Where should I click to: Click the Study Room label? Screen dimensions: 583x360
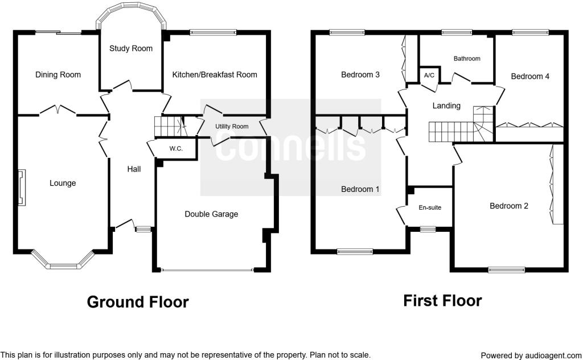tap(131, 48)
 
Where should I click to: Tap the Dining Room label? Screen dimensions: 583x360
tap(58, 75)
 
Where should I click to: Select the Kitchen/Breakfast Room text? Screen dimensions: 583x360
tap(215, 75)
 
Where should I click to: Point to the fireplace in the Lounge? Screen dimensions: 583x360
tap(22, 187)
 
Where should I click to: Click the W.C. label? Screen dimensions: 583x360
tap(176, 149)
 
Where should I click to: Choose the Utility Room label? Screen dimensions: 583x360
tap(232, 126)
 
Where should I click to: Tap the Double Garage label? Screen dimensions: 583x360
tap(211, 214)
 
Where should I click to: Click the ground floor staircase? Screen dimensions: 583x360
tap(170, 126)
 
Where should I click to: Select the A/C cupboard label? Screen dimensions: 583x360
tap(429, 76)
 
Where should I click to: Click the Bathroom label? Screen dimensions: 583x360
tap(467, 59)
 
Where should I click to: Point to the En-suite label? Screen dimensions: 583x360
tap(430, 207)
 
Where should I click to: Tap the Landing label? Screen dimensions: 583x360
tap(446, 106)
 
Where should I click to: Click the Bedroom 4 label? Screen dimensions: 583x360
tap(530, 76)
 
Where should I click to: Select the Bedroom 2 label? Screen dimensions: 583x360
tap(508, 206)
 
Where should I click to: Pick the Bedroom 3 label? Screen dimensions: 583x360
tap(360, 75)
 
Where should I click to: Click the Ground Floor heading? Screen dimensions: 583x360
tap(138, 302)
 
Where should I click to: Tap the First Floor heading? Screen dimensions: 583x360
tap(442, 301)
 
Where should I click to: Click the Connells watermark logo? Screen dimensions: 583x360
tap(291, 148)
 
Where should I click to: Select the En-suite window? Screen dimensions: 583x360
tap(428, 229)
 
